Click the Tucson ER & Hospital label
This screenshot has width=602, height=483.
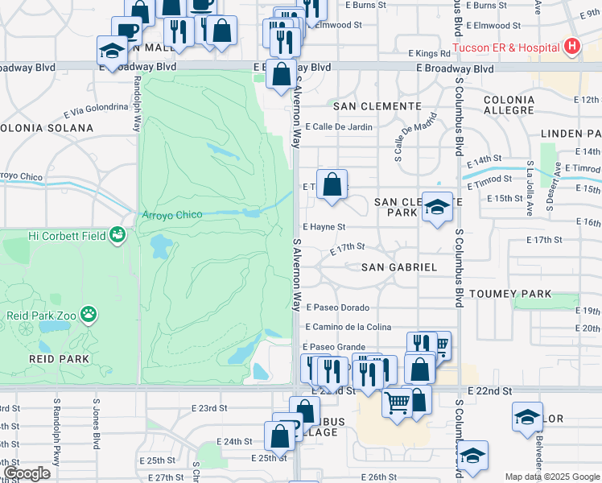pos(505,47)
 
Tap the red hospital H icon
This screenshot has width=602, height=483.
pos(571,46)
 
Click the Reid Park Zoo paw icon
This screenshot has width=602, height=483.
pos(89,314)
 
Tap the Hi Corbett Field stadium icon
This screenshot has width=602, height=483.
pos(118,235)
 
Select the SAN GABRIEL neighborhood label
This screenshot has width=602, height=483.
pos(398,267)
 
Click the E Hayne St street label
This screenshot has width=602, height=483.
pos(324,228)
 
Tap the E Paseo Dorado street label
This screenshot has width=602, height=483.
pos(336,308)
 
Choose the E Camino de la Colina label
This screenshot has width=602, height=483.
pos(348,327)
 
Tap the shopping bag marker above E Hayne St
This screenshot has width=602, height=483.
pos(332,185)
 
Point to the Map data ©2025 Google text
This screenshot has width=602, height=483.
pos(553,477)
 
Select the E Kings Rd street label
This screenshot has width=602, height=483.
pos(434,53)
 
